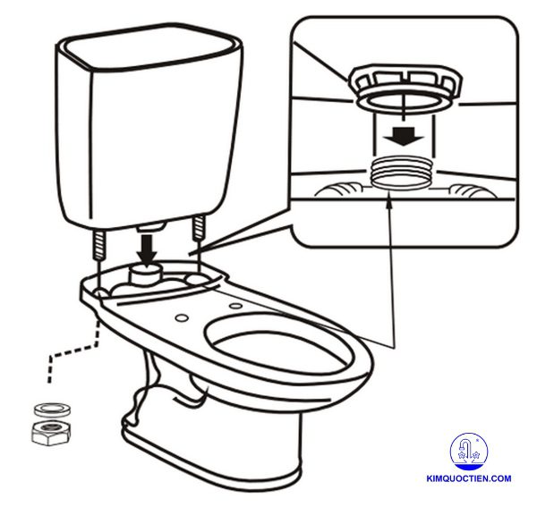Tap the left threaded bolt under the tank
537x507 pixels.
tap(97, 244)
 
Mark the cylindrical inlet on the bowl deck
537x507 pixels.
tap(145, 272)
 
